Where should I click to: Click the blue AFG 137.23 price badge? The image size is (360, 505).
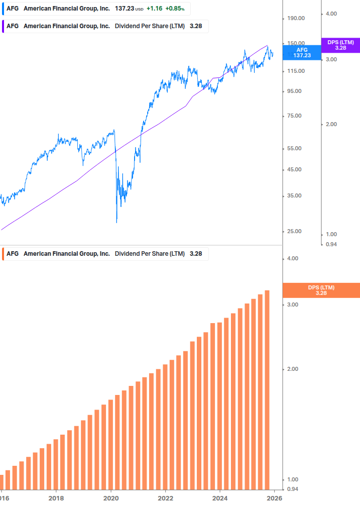tap(302, 53)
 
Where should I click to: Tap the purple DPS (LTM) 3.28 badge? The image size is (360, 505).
tap(340, 45)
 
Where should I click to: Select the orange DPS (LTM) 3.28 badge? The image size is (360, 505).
tap(321, 290)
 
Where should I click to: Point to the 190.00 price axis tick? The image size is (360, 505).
tap(295, 19)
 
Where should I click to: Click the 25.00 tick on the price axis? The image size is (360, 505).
tap(294, 232)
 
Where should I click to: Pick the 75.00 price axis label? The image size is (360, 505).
tap(294, 116)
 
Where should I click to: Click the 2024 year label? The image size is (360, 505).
tap(219, 498)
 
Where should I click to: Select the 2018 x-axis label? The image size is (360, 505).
tap(56, 498)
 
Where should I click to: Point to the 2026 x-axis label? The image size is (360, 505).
tap(274, 498)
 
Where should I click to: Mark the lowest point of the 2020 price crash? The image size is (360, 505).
tap(116, 223)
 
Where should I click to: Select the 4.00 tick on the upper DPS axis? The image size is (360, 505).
tap(331, 14)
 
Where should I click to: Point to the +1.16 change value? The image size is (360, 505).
tap(155, 9)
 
